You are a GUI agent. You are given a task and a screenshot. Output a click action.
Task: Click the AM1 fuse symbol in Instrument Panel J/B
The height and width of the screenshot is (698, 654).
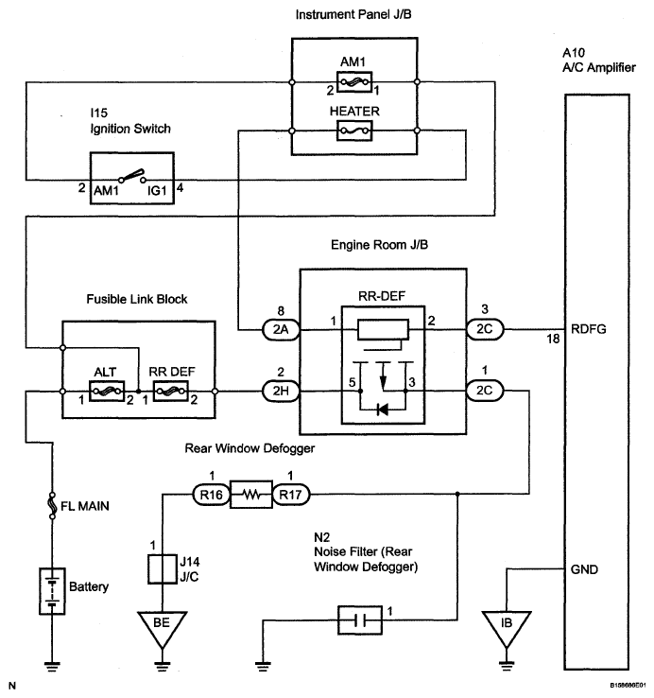pos(354,82)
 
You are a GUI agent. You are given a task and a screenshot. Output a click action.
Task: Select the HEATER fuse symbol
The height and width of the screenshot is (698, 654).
pos(354,131)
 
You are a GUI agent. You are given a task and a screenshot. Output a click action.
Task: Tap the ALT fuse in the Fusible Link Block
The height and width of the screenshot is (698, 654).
pos(107,392)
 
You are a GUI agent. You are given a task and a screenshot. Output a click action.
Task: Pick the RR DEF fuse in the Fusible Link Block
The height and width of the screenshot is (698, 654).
pos(170,392)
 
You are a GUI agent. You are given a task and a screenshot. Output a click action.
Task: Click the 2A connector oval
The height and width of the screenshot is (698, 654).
pos(281,330)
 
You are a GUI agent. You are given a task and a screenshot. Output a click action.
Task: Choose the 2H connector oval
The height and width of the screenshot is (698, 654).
pos(281,392)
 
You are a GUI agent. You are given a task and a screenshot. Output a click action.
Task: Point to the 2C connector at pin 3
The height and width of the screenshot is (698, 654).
pos(485,329)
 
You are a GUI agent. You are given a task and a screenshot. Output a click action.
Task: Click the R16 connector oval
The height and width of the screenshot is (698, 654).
pos(212,495)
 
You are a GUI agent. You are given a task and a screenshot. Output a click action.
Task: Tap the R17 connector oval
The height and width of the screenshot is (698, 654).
pos(290,495)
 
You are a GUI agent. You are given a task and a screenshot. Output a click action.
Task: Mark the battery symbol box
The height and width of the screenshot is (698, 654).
pos(52,591)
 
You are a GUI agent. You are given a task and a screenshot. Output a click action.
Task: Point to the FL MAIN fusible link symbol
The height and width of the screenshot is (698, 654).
pos(52,506)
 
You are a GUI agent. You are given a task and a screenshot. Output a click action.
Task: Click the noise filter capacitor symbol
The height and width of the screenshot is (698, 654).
pos(360,620)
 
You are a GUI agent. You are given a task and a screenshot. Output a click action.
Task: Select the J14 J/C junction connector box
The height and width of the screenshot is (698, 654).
pos(162,569)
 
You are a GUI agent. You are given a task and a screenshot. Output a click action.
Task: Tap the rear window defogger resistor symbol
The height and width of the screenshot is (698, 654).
pos(251,495)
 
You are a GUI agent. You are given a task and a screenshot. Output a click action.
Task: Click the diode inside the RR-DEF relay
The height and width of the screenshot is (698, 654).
pos(382,410)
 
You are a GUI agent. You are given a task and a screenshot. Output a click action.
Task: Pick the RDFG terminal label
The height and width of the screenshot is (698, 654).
pos(588,329)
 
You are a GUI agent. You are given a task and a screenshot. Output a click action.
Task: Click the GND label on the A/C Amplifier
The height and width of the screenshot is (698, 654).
pos(584,569)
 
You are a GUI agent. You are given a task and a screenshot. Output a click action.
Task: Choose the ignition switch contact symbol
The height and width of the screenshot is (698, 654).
pos(132,176)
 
